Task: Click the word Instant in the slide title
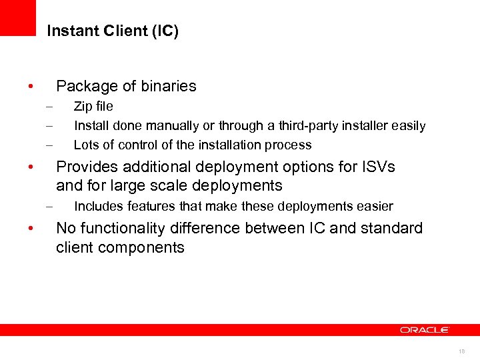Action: point(68,31)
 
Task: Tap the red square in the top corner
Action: point(18,17)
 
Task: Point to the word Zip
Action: point(83,107)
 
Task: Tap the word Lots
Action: point(85,145)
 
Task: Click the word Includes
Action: point(98,207)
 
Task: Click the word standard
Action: point(392,228)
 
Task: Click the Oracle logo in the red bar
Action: point(425,330)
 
